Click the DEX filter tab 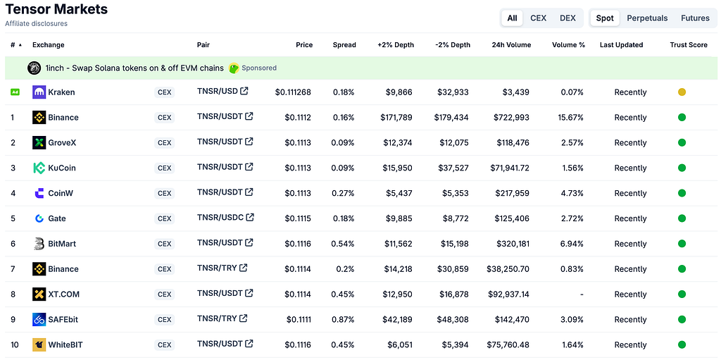coord(568,18)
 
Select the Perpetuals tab coord(647,18)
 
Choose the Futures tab coord(695,18)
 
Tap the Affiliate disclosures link coord(37,23)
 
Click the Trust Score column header coord(689,45)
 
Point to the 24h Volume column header coord(511,45)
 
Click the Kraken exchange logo coord(39,92)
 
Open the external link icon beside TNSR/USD coord(244,91)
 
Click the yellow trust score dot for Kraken coord(682,92)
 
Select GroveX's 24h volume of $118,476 coord(513,143)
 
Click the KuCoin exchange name coord(62,168)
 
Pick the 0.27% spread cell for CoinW coord(343,193)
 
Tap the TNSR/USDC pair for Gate coord(220,217)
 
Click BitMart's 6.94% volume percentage coord(572,244)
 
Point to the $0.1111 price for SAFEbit coord(299,320)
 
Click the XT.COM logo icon coord(39,294)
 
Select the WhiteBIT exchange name coord(65,345)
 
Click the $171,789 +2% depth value coord(396,118)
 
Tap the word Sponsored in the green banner coord(259,68)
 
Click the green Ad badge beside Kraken coord(15,92)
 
